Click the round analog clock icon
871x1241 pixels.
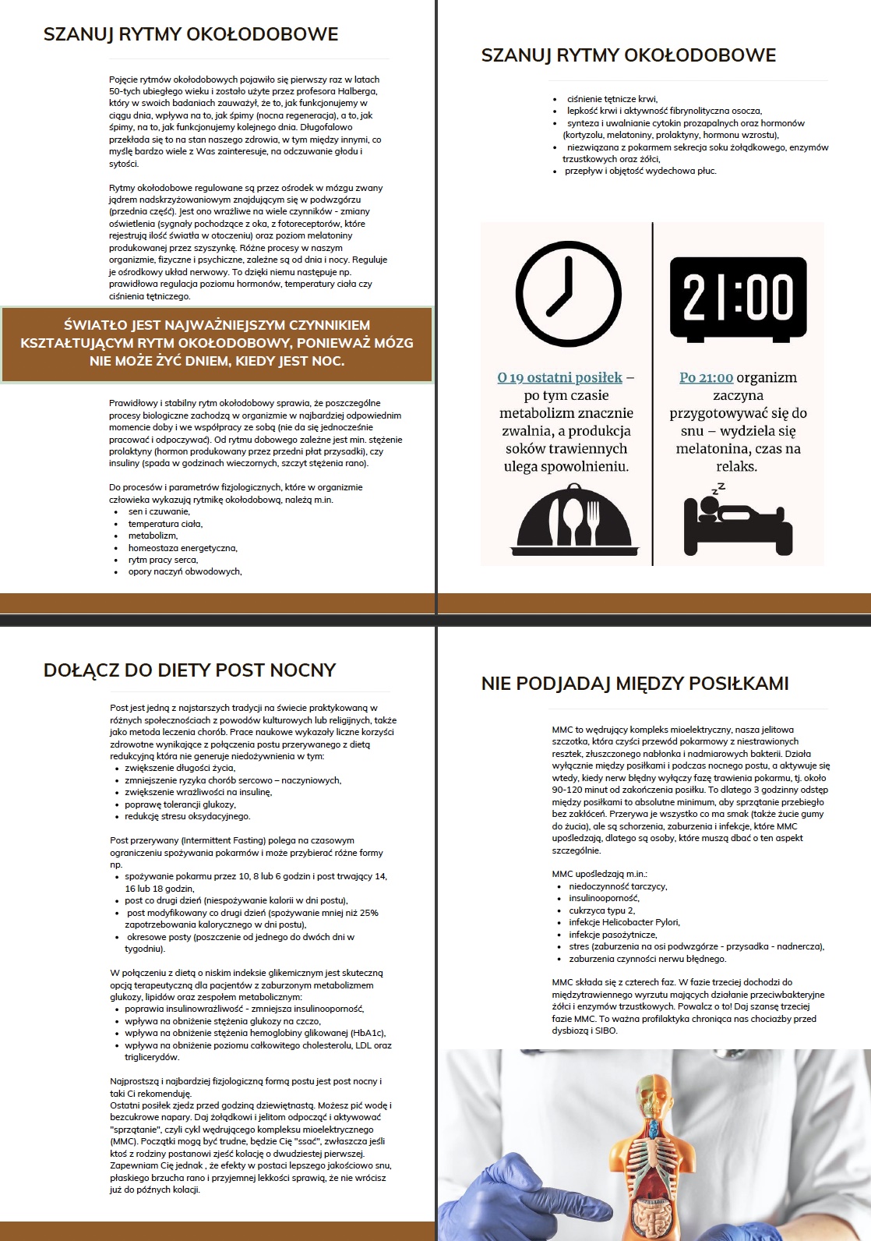[569, 295]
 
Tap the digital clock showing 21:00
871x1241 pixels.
[738, 299]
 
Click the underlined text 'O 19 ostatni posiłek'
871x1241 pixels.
[559, 378]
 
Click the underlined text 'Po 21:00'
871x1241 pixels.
[706, 378]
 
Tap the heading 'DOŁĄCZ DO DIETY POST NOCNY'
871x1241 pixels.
[189, 670]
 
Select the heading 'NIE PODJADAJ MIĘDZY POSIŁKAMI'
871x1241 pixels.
[634, 684]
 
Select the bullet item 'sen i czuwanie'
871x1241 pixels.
[159, 511]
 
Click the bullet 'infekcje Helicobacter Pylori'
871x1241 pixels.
[624, 922]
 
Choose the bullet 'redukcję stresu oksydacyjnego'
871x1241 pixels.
[187, 816]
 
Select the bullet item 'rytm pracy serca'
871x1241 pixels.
[163, 560]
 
